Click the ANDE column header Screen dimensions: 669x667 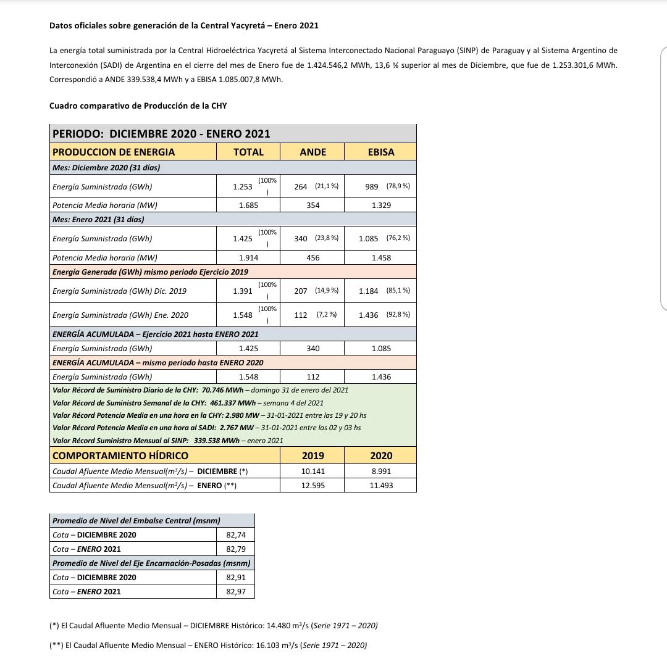(x=313, y=152)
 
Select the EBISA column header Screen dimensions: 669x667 (x=381, y=152)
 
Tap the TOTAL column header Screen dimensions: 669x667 (x=248, y=152)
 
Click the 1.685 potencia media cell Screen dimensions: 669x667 (x=248, y=205)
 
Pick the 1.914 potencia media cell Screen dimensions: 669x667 (x=248, y=258)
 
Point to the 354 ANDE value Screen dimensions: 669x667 (x=313, y=205)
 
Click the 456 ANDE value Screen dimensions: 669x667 (x=313, y=258)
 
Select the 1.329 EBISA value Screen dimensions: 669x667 (x=381, y=205)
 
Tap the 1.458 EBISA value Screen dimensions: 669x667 (x=381, y=258)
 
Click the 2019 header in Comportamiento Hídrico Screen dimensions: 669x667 (x=313, y=455)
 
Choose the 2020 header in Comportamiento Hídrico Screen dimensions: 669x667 (x=381, y=455)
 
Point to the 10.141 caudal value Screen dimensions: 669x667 (x=313, y=471)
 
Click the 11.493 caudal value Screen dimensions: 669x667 (x=381, y=486)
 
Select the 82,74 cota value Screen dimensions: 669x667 (x=236, y=535)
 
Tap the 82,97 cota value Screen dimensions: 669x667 (x=236, y=592)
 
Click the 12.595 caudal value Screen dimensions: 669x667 (x=313, y=486)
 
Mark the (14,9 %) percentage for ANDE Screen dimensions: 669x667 (x=327, y=291)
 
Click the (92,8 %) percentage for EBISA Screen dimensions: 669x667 (x=398, y=315)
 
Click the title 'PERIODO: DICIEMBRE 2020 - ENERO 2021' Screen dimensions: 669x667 (x=161, y=134)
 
